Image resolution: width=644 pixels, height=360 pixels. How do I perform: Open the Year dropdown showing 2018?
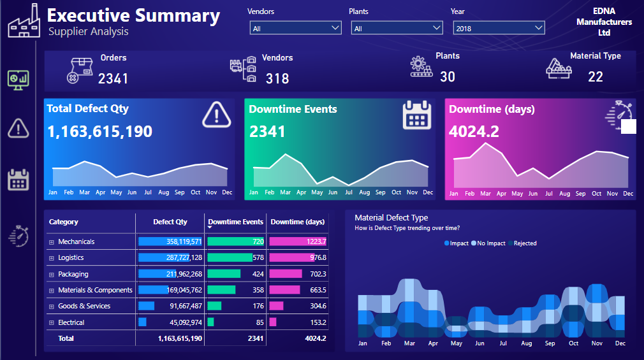click(499, 28)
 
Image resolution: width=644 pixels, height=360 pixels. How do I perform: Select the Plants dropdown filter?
click(397, 28)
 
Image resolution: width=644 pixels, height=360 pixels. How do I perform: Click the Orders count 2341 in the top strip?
click(113, 78)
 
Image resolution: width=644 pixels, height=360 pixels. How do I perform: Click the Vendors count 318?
click(277, 78)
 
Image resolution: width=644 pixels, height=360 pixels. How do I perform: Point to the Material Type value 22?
click(595, 76)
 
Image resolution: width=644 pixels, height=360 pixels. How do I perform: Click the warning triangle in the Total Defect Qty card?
click(216, 115)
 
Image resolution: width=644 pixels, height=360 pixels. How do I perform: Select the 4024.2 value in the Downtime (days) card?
click(474, 131)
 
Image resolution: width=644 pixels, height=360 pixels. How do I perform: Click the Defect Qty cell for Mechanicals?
click(170, 241)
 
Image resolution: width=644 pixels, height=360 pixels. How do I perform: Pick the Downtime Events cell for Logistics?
click(235, 257)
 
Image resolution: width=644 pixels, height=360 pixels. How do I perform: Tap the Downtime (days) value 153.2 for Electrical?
click(298, 322)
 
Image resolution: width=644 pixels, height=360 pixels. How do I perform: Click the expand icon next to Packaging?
click(52, 274)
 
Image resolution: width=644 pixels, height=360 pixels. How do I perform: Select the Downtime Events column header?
click(235, 222)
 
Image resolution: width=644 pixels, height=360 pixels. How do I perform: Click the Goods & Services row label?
click(84, 306)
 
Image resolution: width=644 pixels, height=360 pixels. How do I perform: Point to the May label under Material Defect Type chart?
click(456, 343)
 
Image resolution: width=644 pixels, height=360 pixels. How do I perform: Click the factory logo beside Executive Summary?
click(24, 22)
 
